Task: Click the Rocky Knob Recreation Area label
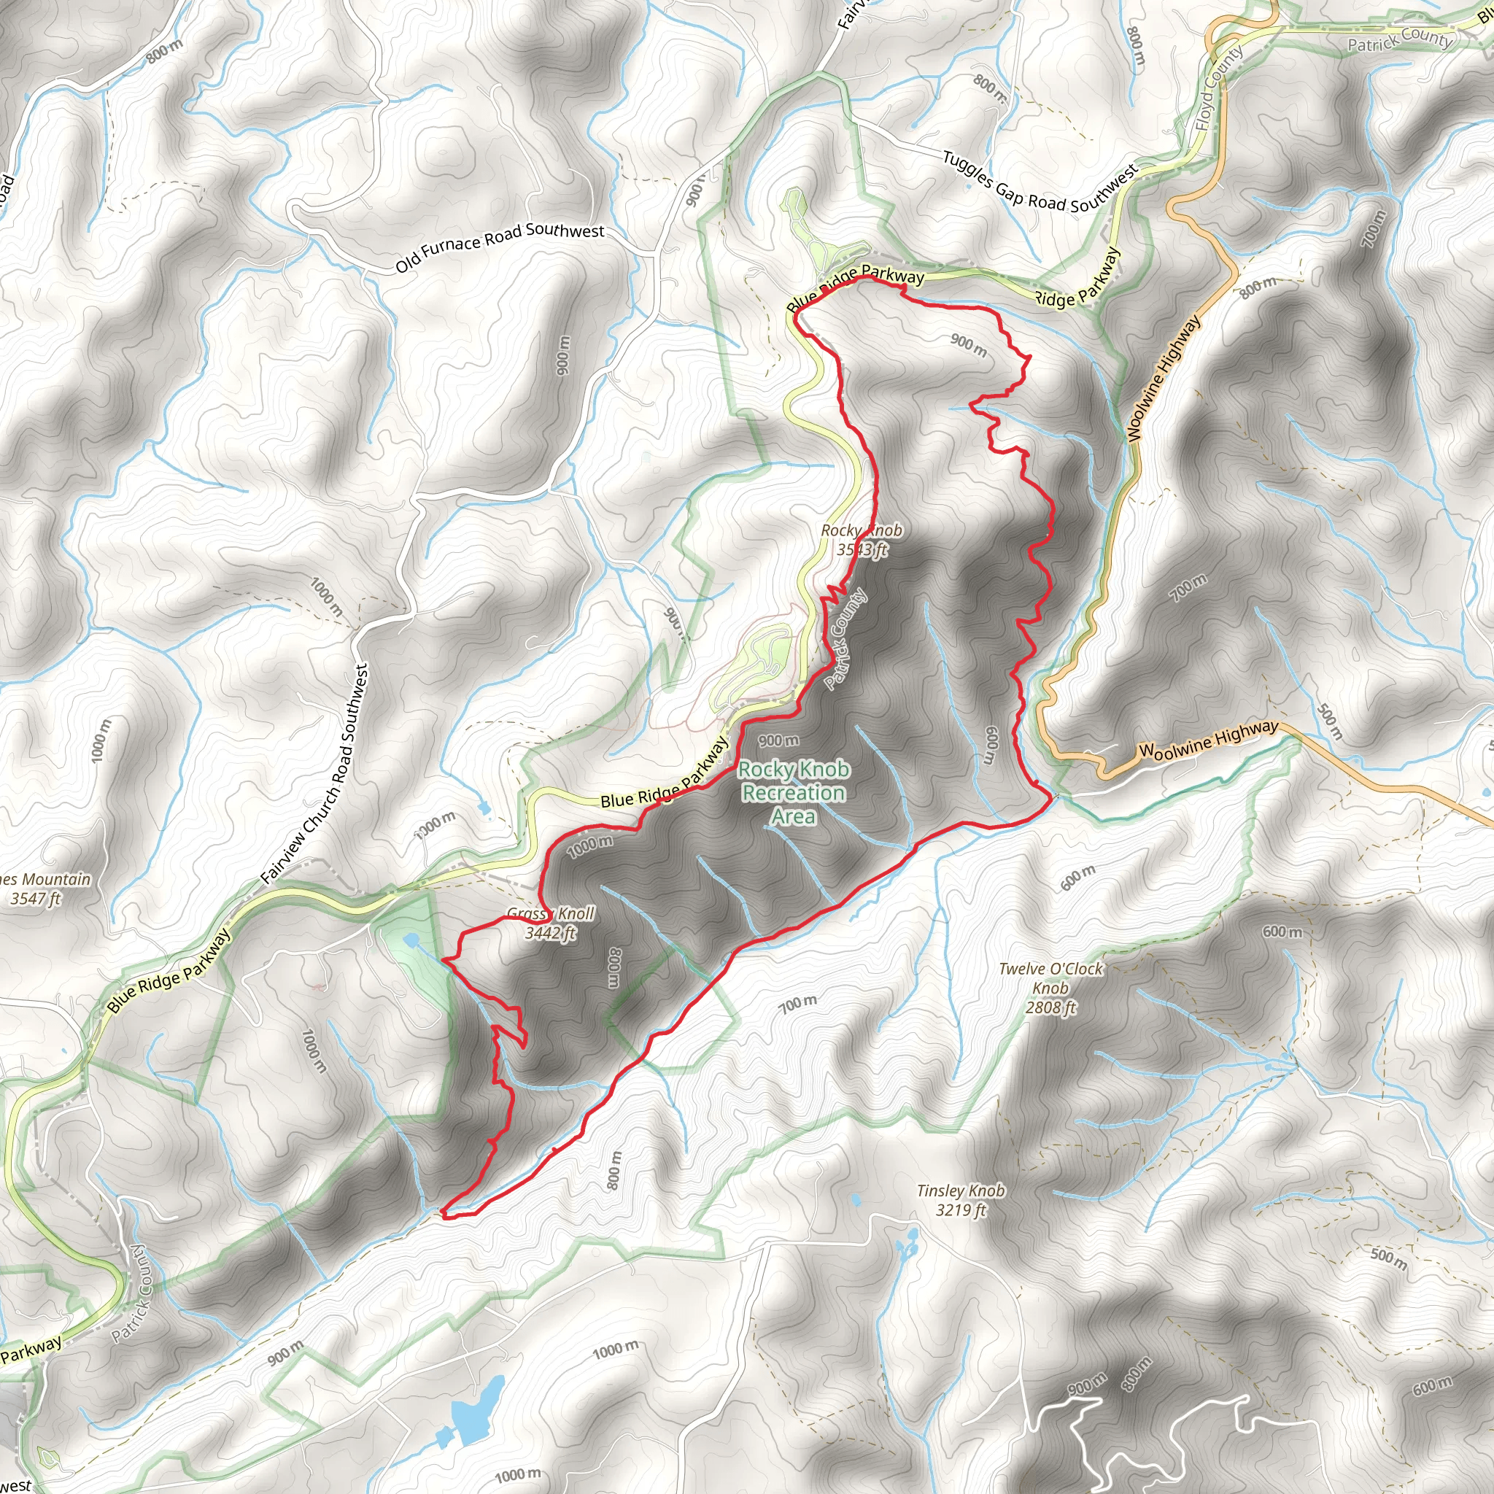794,793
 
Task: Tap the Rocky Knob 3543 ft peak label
861,540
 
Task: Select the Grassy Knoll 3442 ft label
551,924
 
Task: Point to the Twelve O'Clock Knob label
1050,988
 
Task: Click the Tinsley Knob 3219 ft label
961,1200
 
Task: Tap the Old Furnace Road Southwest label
500,247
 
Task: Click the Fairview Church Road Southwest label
314,774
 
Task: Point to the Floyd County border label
1218,87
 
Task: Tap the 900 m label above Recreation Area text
778,741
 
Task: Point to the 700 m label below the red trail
797,1005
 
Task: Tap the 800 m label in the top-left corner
165,50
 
